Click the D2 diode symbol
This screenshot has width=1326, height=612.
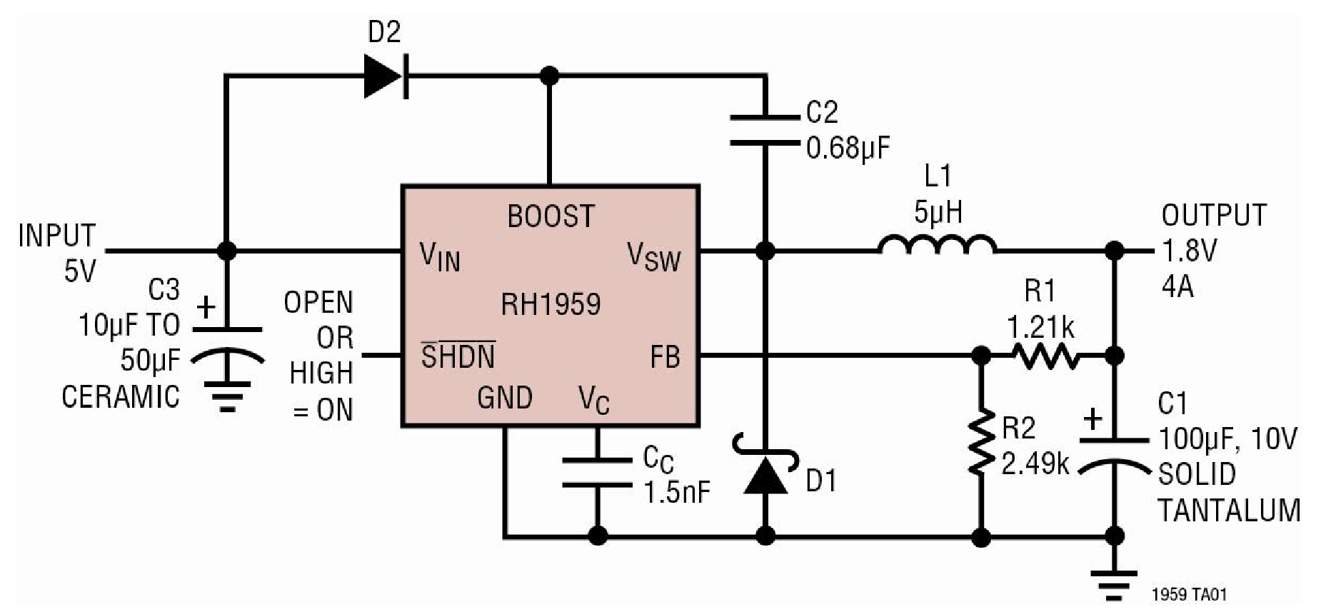386,75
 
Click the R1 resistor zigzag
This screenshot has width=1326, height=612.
1047,356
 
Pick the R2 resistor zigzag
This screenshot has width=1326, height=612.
982,443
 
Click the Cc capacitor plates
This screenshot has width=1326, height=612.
598,473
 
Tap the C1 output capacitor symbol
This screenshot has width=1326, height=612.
1114,453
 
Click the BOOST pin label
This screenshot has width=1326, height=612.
551,216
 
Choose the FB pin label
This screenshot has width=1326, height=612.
665,357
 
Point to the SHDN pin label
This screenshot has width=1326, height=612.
458,356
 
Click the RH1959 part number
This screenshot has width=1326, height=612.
551,304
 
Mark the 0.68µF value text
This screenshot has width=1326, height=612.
848,149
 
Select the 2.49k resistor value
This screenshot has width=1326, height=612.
1035,465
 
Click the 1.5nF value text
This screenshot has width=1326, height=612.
677,493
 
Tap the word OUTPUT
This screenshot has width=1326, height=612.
1214,215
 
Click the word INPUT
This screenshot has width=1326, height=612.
57,236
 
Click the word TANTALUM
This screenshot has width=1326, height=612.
1228,511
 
